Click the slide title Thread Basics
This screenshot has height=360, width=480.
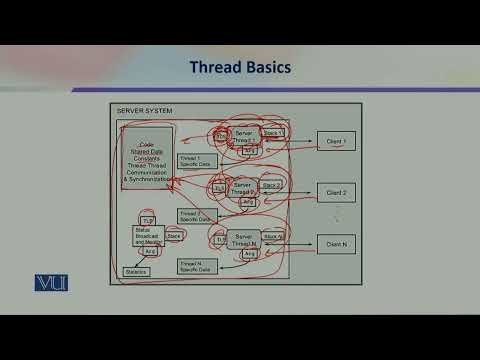point(240,68)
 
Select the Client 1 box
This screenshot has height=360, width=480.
point(336,141)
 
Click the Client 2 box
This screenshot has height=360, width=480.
point(336,191)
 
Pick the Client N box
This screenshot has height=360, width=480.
point(336,242)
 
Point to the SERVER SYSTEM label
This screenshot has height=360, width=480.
point(145,111)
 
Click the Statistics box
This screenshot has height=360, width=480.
point(136,271)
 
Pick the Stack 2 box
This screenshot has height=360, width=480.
point(272,185)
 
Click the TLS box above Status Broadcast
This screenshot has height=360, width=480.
point(148,220)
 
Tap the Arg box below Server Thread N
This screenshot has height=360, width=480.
point(220,253)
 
